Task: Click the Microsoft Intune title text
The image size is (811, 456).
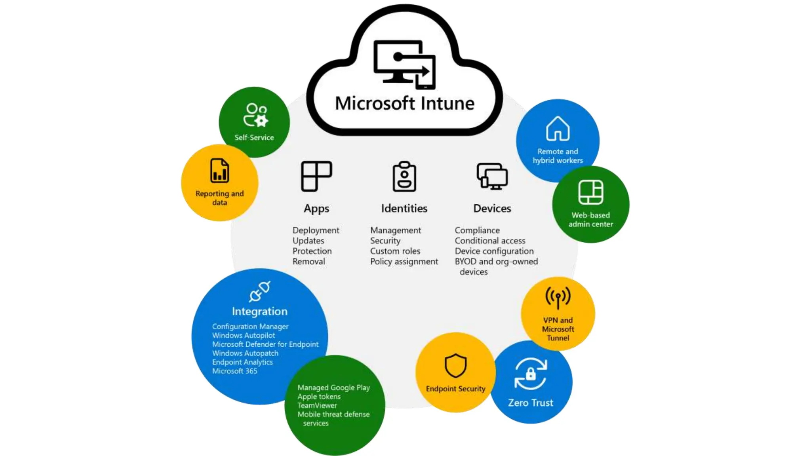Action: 404,103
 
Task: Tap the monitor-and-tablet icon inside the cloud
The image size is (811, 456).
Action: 404,64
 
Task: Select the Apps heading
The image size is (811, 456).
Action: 316,209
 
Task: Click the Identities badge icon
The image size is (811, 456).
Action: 404,177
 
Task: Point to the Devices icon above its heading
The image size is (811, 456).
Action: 492,176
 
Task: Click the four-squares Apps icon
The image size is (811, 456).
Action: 316,176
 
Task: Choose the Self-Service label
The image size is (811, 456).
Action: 254,137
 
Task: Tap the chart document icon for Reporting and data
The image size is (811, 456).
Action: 219,171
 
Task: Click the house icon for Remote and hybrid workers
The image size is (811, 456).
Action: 558,129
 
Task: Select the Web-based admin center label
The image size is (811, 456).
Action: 590,220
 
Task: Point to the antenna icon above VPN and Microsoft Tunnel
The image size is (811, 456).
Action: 558,297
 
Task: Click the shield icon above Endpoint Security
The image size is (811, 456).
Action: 455,365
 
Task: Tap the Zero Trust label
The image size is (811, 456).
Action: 531,403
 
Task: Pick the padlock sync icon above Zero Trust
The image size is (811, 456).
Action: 531,374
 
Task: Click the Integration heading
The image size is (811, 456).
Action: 260,312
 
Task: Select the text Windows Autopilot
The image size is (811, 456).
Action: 244,335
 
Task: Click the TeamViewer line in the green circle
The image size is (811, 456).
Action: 317,405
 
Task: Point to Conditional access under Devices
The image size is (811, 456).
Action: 490,241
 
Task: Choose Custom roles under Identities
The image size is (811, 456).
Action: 395,251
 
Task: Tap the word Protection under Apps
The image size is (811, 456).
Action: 312,251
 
